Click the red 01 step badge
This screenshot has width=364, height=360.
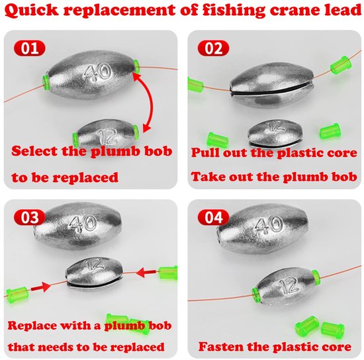coord(30,48)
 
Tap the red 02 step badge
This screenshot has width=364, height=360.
coord(213,48)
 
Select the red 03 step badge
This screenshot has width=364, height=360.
coord(29,217)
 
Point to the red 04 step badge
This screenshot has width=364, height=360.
coord(213,217)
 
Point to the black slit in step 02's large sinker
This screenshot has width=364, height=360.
coord(271,89)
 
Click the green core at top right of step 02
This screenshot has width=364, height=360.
coord(341,65)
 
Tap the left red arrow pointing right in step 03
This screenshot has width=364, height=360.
coord(40,287)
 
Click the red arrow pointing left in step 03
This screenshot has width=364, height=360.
coord(146,273)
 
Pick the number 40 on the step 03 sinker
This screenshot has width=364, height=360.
coord(83,223)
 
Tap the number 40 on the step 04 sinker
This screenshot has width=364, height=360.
coord(269,224)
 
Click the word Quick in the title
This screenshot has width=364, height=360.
coord(31,10)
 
